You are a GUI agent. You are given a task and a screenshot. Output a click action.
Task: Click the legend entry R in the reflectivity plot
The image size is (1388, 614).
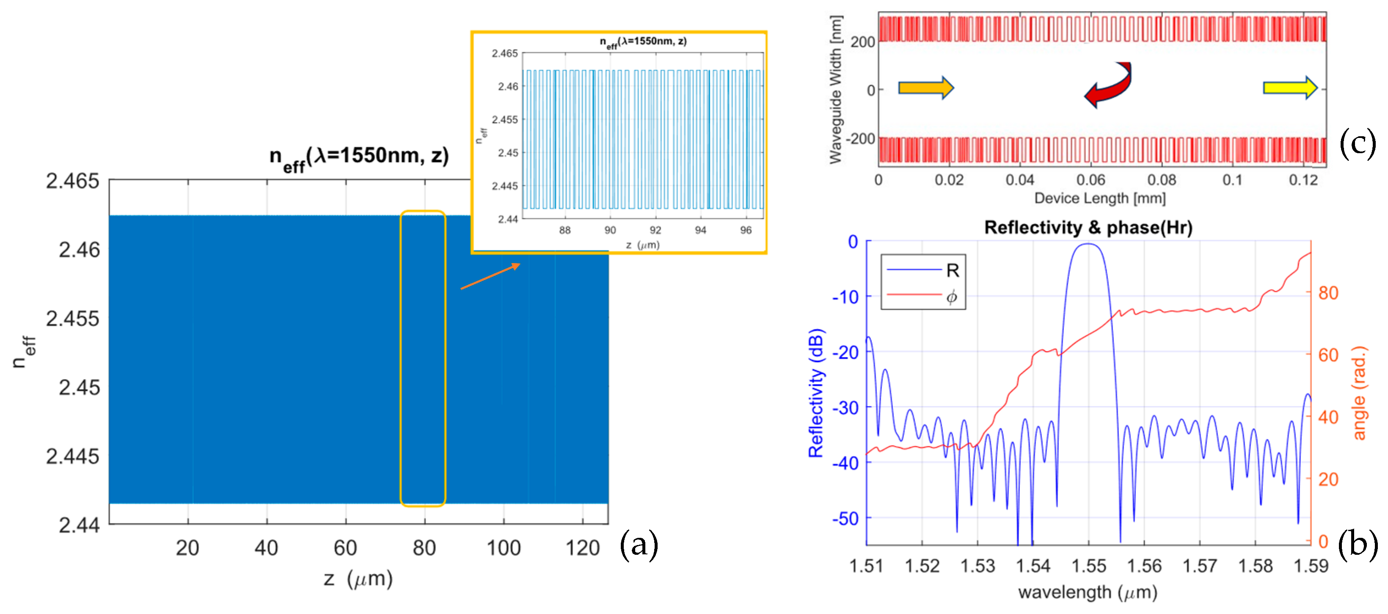(x=952, y=270)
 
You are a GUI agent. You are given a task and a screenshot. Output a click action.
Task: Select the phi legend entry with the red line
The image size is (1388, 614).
(x=951, y=296)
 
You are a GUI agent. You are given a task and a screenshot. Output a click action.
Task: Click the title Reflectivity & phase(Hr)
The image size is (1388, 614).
(x=1088, y=227)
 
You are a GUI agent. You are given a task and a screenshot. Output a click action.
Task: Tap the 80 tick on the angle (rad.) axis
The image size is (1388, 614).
(x=1328, y=293)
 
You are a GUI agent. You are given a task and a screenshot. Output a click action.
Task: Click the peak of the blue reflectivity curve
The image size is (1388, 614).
(x=1088, y=244)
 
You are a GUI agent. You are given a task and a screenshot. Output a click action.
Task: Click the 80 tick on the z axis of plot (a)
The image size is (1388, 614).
(x=424, y=548)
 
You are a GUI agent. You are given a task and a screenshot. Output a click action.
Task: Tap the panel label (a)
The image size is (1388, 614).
(x=639, y=544)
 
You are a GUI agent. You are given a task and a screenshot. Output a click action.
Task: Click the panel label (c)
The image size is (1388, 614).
(x=1357, y=143)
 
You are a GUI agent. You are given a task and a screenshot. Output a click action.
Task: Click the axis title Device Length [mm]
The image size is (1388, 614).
(x=1099, y=198)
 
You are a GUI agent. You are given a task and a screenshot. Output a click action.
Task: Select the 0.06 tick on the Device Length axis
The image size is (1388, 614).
(x=1091, y=180)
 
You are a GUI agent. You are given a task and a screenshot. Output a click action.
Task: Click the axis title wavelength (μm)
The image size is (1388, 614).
(x=1088, y=592)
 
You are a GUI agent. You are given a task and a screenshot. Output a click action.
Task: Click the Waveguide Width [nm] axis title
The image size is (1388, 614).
(x=835, y=89)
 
